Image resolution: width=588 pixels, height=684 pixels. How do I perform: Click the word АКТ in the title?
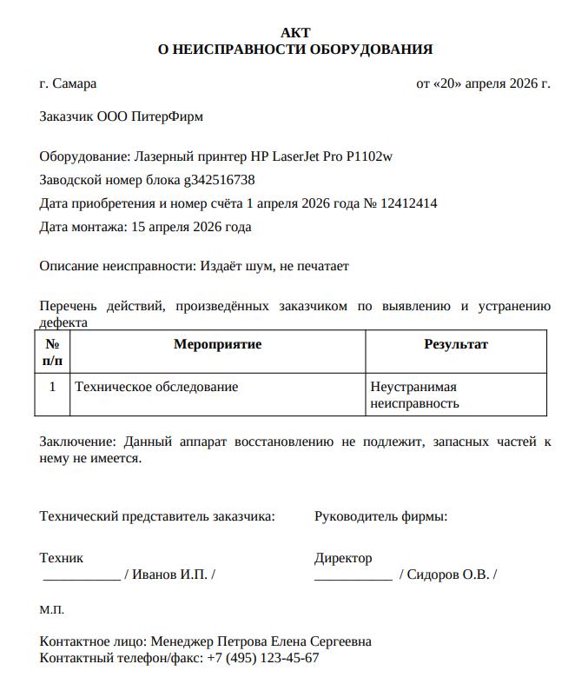point(295,32)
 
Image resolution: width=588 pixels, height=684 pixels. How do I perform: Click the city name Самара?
point(74,84)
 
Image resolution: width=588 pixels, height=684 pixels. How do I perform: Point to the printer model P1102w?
point(369,157)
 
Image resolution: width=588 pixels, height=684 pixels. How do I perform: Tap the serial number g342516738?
point(219,181)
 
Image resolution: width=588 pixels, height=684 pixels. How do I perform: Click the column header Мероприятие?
point(217,344)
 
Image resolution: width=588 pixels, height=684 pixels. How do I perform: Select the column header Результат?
point(455,344)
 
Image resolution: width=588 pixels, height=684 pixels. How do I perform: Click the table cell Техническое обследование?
point(156,387)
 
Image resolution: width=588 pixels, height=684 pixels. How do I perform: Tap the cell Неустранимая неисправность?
point(414,395)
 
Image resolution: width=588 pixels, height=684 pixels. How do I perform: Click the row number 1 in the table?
point(53,387)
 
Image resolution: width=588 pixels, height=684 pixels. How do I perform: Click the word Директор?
point(343,558)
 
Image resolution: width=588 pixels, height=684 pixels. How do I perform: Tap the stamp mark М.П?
point(52,610)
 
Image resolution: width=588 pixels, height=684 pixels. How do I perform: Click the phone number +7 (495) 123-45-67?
point(263,658)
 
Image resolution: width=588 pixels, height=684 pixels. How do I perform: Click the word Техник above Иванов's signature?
point(62,558)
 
